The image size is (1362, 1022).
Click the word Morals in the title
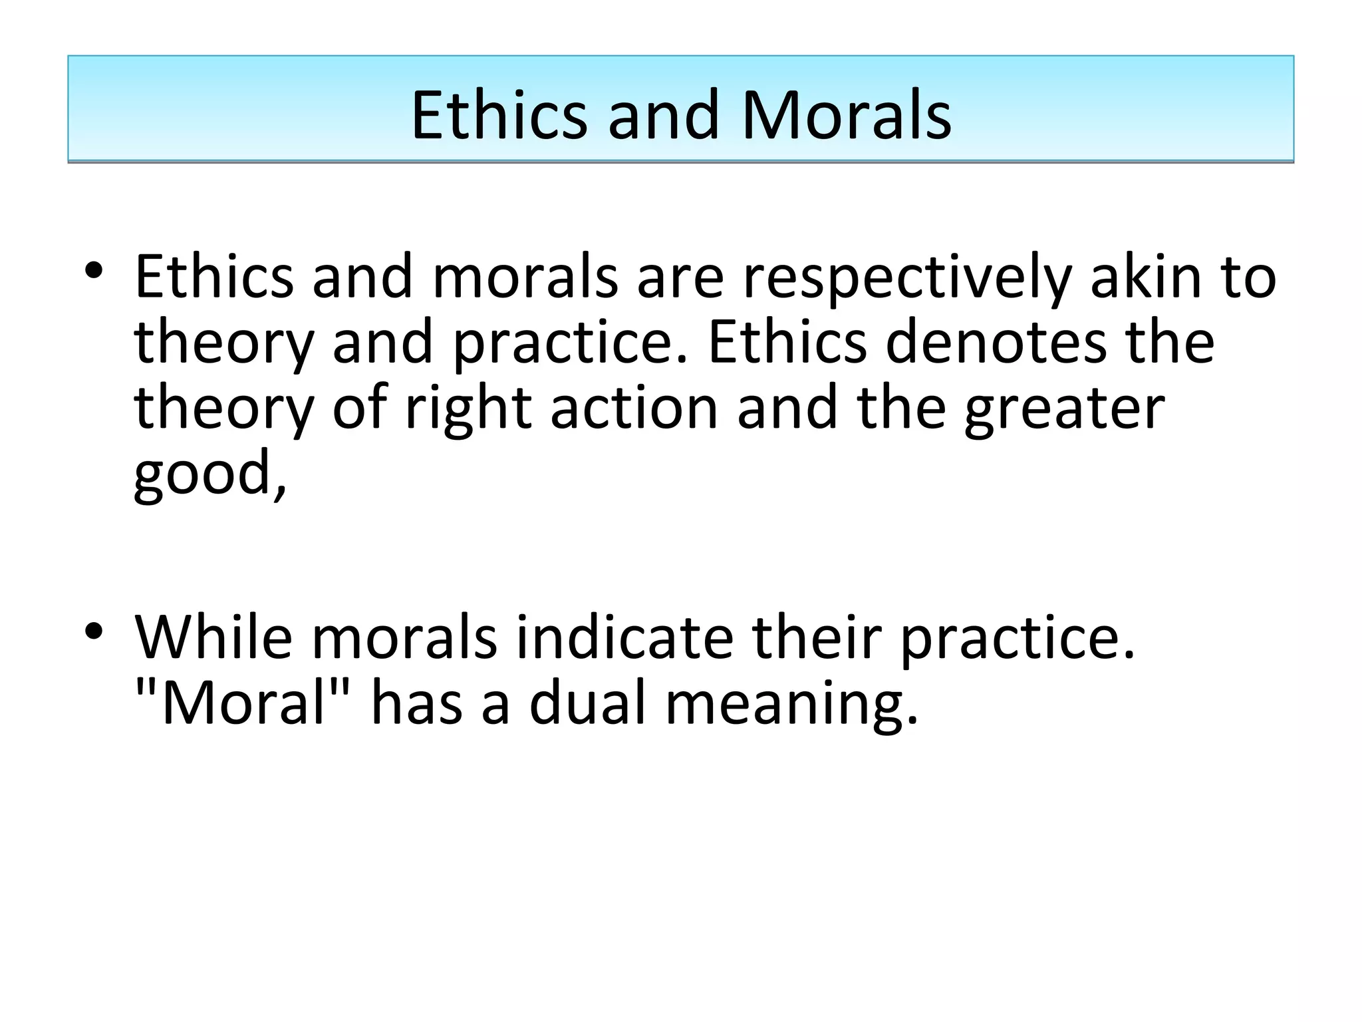846,116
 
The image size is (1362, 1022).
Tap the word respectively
906,278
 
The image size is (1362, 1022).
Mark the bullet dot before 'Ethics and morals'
94,272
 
